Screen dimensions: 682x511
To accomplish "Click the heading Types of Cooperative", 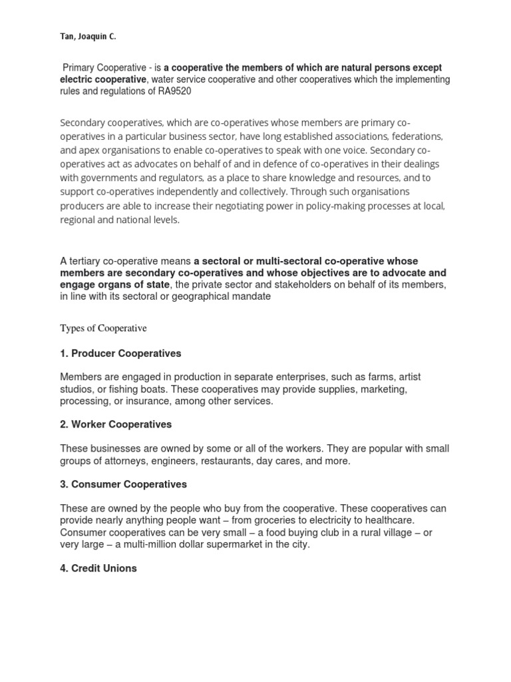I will pyautogui.click(x=103, y=328).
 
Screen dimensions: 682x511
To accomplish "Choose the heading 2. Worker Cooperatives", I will pyautogui.click(x=116, y=424).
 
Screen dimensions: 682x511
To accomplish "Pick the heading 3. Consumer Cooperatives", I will pyautogui.click(x=123, y=484).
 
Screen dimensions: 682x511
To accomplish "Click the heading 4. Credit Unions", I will pyautogui.click(x=98, y=568).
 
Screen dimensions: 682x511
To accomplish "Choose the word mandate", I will pyautogui.click(x=250, y=297).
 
